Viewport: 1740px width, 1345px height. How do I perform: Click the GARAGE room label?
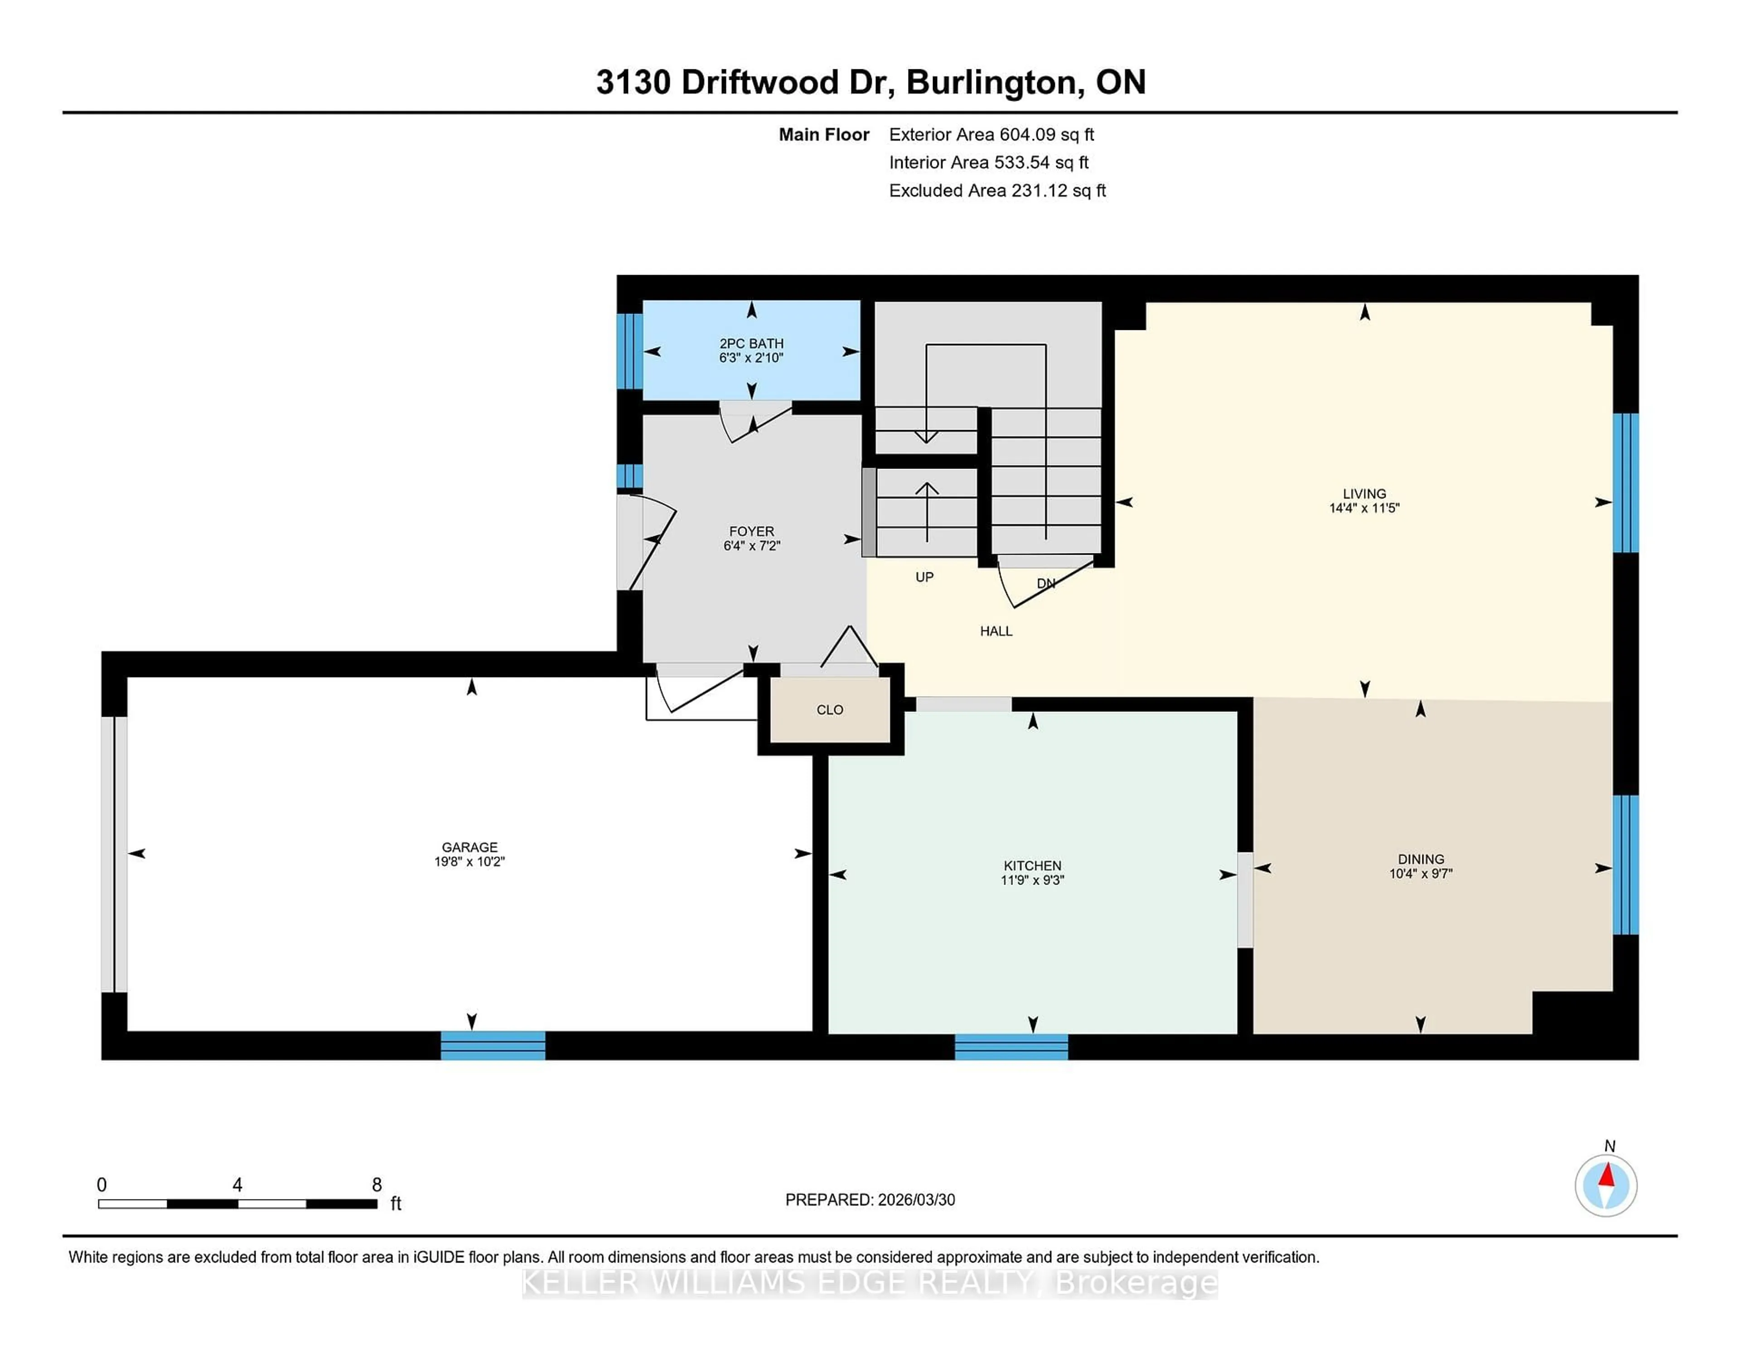click(x=469, y=847)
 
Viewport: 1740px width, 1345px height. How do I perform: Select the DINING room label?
click(x=1421, y=859)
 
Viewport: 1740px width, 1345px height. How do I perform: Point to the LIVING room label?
click(x=1364, y=493)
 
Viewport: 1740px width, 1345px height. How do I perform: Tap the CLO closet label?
click(x=829, y=710)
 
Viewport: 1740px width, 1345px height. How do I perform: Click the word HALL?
click(x=996, y=631)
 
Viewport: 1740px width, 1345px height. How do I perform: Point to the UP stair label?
click(x=924, y=577)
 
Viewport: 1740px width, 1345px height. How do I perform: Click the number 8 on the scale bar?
click(x=377, y=1185)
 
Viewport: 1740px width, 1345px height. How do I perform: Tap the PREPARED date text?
click(x=870, y=1200)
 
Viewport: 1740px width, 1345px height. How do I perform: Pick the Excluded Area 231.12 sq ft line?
click(x=997, y=190)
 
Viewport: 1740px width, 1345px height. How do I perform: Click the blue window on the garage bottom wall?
click(x=493, y=1045)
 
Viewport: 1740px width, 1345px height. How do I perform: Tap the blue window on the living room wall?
click(x=1625, y=483)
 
